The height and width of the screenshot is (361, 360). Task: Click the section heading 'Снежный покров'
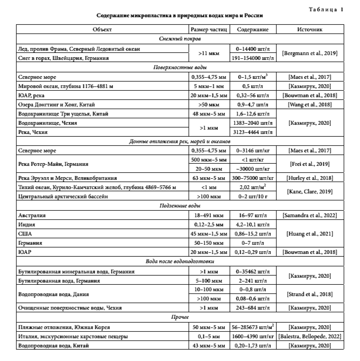180,39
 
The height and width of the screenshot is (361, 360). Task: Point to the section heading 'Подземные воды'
180,206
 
